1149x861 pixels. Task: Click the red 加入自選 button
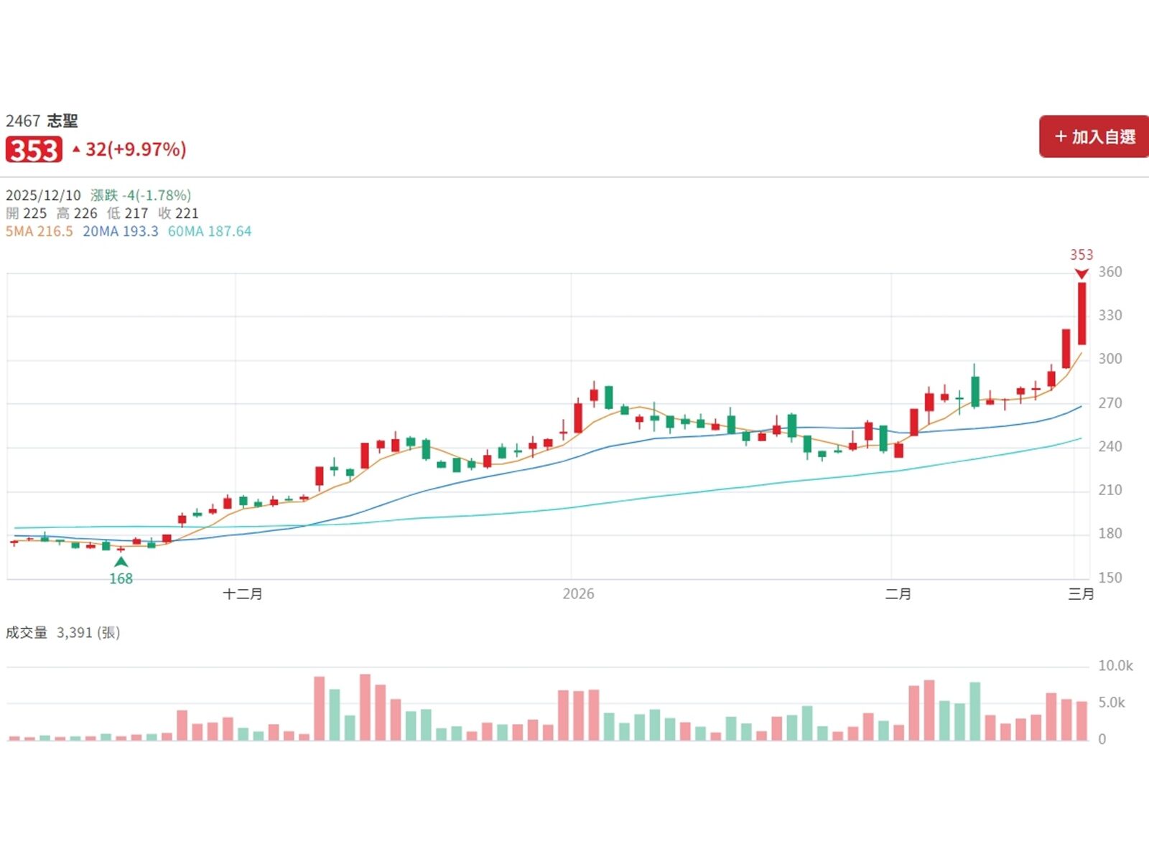(1094, 136)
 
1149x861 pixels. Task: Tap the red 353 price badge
(34, 150)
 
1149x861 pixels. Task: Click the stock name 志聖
(62, 121)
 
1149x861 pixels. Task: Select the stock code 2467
(23, 121)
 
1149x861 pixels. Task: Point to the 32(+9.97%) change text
(135, 149)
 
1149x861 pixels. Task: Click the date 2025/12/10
(43, 195)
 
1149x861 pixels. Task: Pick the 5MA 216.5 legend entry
(39, 232)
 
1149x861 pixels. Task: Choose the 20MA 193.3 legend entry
(121, 232)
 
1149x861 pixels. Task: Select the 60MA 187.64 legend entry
(210, 232)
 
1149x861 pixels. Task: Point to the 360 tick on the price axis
(1110, 272)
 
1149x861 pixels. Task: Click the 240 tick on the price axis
(1110, 446)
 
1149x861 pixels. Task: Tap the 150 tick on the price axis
(1110, 578)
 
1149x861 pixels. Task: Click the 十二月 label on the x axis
(243, 594)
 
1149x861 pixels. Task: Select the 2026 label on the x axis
(578, 594)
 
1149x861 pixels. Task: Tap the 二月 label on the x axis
(898, 594)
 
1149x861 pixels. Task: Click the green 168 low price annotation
(121, 578)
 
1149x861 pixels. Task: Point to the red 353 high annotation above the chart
(1081, 255)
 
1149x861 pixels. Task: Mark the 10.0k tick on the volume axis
(1115, 666)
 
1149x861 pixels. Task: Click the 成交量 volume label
(27, 633)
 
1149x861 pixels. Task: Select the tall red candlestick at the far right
(1081, 314)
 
